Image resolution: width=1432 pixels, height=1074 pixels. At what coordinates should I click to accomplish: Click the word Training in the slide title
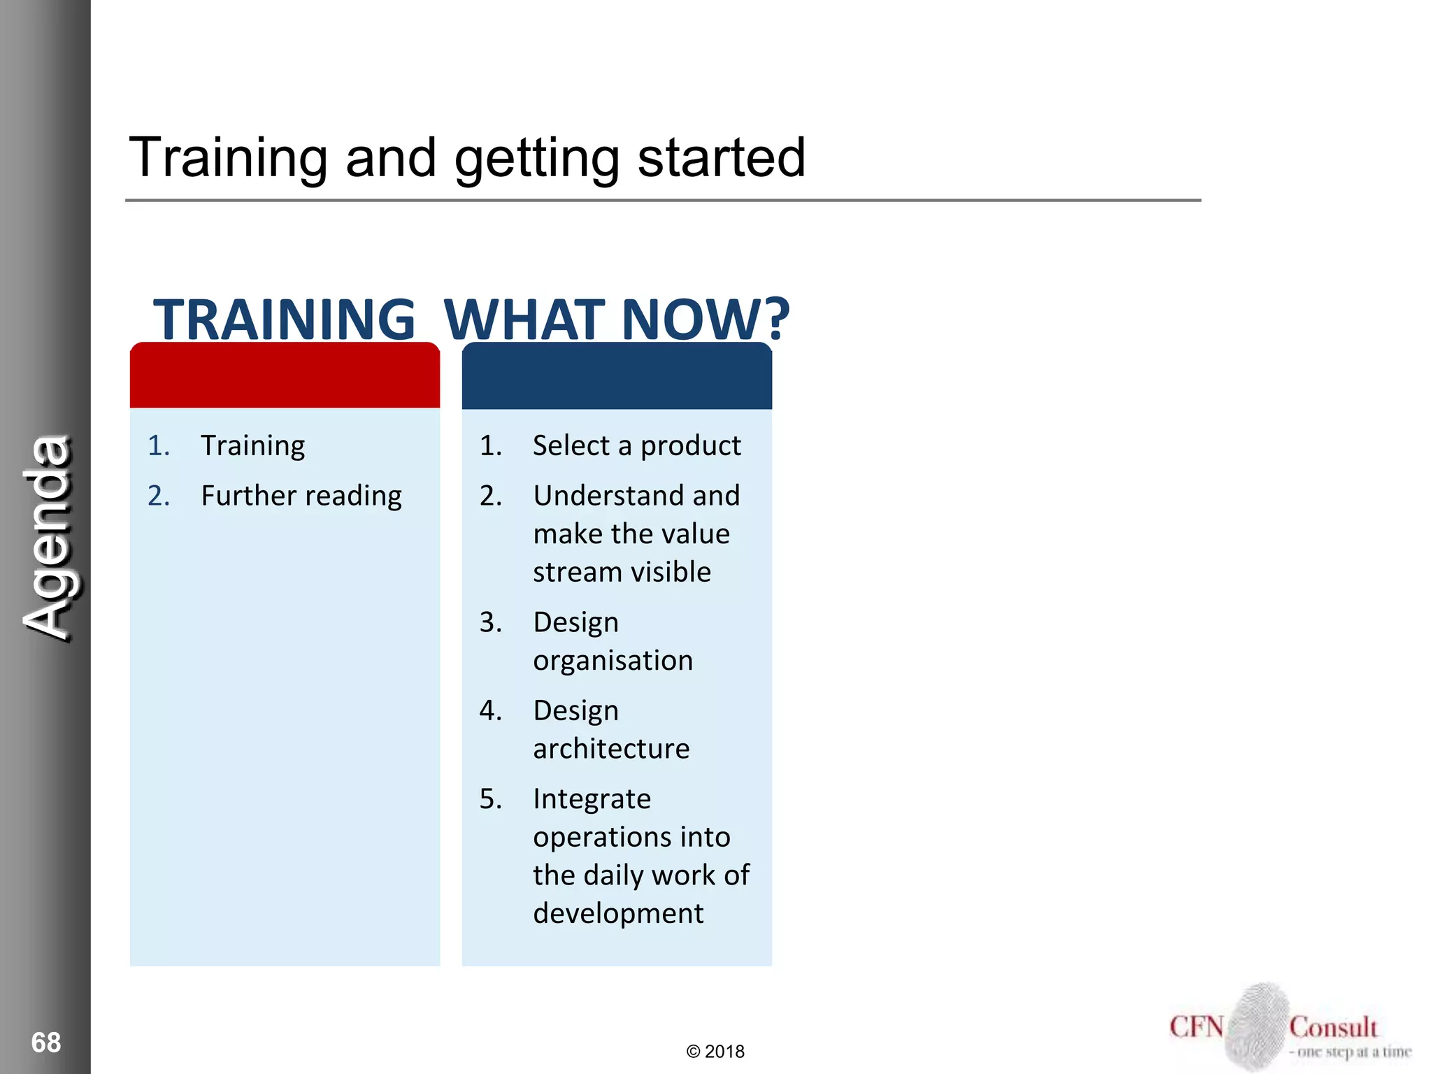tap(228, 158)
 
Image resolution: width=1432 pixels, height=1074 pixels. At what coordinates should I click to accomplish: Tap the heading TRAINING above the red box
tap(284, 320)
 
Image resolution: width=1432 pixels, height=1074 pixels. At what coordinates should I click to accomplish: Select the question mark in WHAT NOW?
tap(775, 320)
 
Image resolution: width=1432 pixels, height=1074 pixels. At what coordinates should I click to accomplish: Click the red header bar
tap(285, 376)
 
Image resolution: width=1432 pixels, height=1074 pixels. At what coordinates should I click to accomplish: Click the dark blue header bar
tap(617, 376)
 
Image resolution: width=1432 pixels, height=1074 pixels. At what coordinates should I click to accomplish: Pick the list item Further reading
tap(301, 496)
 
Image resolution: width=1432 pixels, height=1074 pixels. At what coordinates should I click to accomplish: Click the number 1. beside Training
tap(159, 445)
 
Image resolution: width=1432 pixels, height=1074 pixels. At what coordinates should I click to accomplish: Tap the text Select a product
tap(636, 445)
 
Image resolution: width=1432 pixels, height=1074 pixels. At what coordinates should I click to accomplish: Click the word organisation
tap(613, 660)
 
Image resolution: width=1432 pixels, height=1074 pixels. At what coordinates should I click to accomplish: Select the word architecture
tap(611, 748)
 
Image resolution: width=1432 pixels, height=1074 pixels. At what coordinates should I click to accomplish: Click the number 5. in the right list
tap(490, 799)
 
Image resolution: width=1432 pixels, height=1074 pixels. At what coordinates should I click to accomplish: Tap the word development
tap(618, 913)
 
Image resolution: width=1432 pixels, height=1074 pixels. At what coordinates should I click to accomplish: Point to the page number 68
tap(46, 1042)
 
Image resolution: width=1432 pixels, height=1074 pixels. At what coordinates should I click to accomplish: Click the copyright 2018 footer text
tap(715, 1052)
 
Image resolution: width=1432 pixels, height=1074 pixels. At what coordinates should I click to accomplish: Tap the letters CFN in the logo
tap(1196, 1027)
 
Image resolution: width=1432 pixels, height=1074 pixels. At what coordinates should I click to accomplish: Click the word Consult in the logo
tap(1333, 1027)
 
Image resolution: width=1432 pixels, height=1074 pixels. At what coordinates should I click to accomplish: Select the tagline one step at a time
tap(1351, 1052)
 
